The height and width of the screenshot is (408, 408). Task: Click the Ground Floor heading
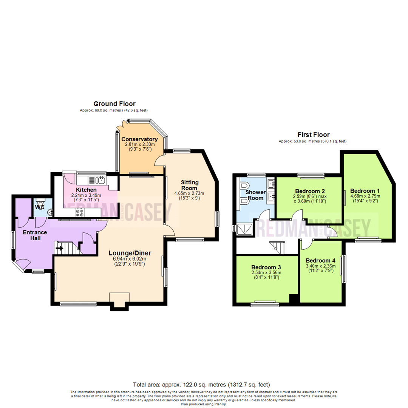point(114,104)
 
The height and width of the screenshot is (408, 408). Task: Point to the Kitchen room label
point(86,190)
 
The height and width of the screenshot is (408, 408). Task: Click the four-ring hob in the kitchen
point(80,213)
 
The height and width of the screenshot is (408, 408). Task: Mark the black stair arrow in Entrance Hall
point(59,249)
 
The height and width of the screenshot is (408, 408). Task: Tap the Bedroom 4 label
point(320,261)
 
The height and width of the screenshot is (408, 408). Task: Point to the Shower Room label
point(256,195)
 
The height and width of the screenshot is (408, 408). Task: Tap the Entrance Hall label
point(34,235)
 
